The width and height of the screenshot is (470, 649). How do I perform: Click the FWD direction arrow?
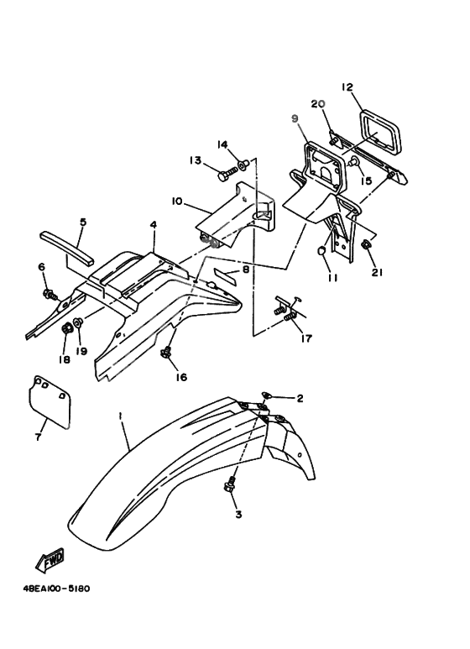pyautogui.click(x=50, y=560)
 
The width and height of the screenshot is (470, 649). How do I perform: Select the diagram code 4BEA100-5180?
pyautogui.click(x=57, y=589)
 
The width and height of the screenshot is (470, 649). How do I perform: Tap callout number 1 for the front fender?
pyautogui.click(x=120, y=416)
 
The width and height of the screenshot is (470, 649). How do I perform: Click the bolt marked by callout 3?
pyautogui.click(x=230, y=484)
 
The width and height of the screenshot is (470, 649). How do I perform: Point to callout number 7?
pyautogui.click(x=38, y=437)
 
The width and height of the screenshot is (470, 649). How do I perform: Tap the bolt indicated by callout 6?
pyautogui.click(x=50, y=295)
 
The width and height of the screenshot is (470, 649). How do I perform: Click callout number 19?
pyautogui.click(x=81, y=351)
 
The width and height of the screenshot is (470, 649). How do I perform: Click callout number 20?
pyautogui.click(x=318, y=104)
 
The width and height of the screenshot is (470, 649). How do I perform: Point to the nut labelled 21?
pyautogui.click(x=366, y=245)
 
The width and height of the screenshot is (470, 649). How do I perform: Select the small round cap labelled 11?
pyautogui.click(x=321, y=251)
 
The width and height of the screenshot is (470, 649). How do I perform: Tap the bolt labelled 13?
pyautogui.click(x=227, y=173)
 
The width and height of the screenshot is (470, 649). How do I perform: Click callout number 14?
pyautogui.click(x=222, y=144)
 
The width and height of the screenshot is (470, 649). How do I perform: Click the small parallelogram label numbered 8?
pyautogui.click(x=225, y=276)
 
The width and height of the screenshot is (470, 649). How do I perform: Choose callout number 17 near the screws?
pyautogui.click(x=306, y=338)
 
